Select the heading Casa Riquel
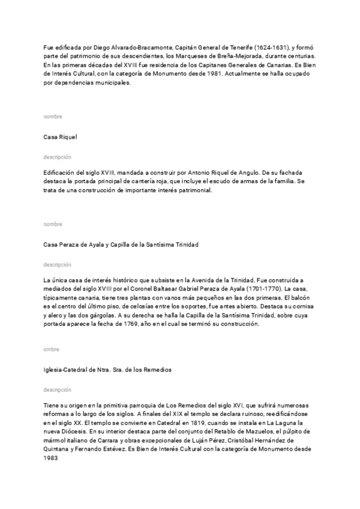61,137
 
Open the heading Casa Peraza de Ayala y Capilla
121,244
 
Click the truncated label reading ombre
52,349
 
